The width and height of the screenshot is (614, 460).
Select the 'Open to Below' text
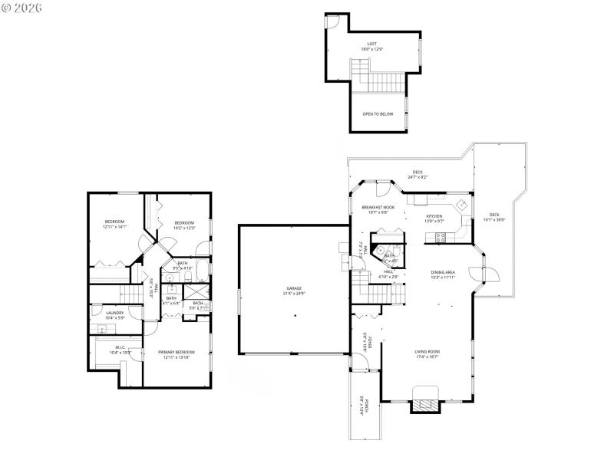[x=378, y=113]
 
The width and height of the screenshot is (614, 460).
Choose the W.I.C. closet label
[x=120, y=349]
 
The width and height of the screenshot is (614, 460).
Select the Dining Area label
[x=443, y=274]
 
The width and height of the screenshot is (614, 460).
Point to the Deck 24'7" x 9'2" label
[x=418, y=174]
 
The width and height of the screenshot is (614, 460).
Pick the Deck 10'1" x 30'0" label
[x=494, y=217]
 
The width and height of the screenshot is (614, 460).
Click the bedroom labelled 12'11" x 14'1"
[x=114, y=224]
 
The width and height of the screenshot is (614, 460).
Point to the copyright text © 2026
[x=22, y=8]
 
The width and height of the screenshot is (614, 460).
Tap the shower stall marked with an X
[x=197, y=292]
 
